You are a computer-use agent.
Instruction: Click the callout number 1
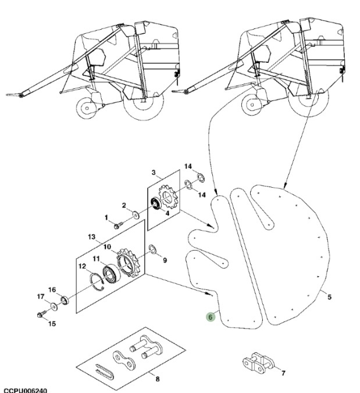(x=106, y=217)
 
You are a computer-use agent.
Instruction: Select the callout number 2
(x=124, y=205)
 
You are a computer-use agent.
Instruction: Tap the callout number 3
(x=153, y=173)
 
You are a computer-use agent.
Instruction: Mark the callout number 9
(x=165, y=260)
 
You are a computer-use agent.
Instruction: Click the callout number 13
(x=91, y=237)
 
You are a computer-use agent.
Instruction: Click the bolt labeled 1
(x=117, y=224)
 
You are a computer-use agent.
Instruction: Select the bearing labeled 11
(x=110, y=273)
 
